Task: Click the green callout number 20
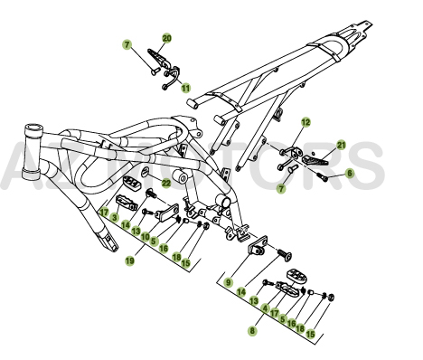point(166,38)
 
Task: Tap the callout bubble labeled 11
point(185,88)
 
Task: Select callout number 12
point(305,121)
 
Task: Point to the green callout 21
point(341,145)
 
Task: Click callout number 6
point(350,173)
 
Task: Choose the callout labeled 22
point(166,183)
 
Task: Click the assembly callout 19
point(130,261)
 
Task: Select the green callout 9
point(230,282)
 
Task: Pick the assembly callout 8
point(252,331)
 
